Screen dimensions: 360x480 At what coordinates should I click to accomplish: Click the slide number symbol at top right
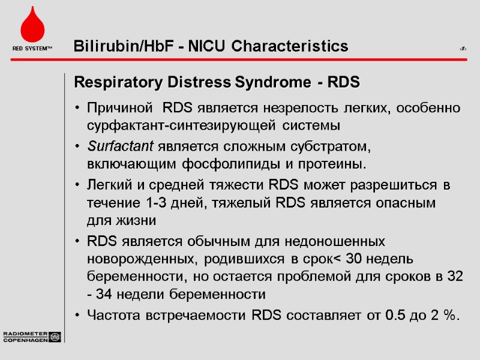[463, 47]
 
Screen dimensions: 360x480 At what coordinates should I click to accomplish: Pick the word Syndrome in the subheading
[276, 82]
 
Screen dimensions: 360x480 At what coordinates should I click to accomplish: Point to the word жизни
[140, 220]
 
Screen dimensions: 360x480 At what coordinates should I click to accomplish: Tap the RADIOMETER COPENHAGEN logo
[32, 337]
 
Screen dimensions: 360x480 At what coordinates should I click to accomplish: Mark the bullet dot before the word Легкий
[78, 185]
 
